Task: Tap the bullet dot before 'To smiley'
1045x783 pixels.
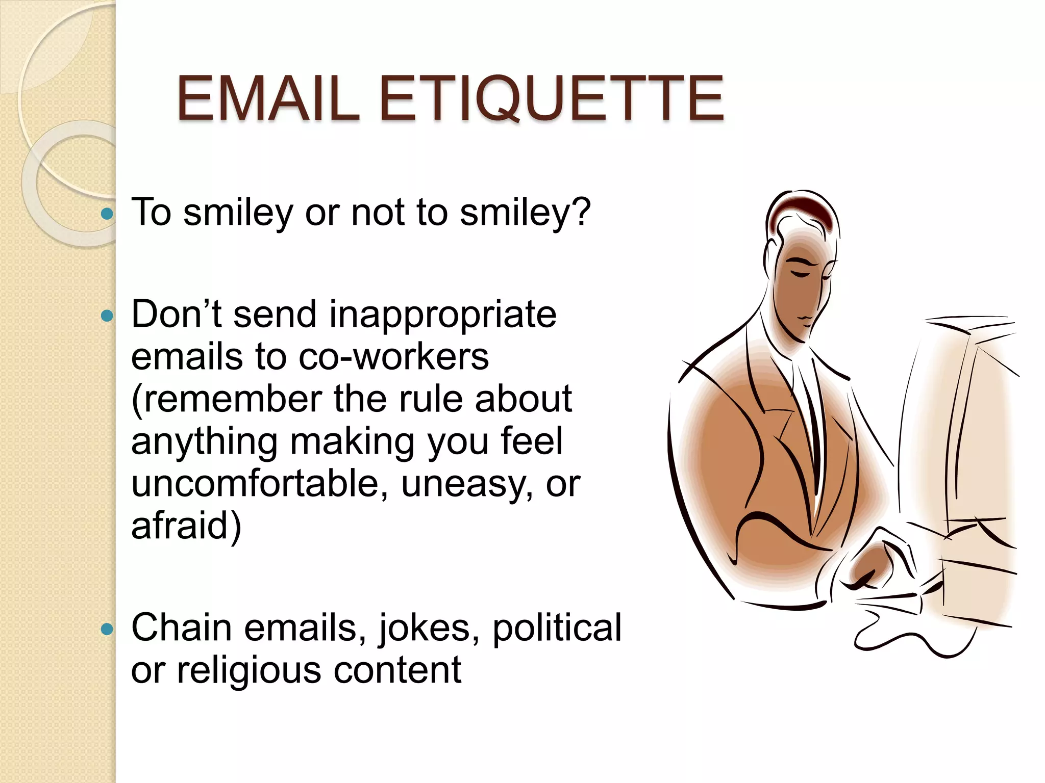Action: click(107, 214)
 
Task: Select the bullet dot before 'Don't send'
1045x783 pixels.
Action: click(107, 316)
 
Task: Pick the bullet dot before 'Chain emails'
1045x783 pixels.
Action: click(107, 630)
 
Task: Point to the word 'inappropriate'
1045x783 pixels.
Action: click(442, 315)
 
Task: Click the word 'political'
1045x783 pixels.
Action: click(557, 628)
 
